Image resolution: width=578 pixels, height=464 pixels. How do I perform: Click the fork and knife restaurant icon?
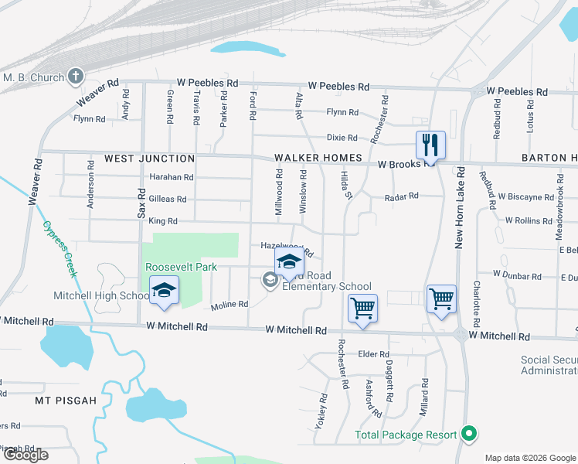[x=430, y=145]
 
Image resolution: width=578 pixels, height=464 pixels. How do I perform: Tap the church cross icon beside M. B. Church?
[x=75, y=76]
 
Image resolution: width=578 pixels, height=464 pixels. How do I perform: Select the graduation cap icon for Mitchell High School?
[x=164, y=291]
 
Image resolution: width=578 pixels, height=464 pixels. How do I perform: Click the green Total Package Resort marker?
[x=467, y=434]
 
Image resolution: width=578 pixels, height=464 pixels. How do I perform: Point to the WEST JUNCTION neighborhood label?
[x=149, y=159]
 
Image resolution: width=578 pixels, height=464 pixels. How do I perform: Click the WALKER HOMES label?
[x=318, y=159]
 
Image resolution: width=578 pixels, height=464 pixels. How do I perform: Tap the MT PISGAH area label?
[x=66, y=401]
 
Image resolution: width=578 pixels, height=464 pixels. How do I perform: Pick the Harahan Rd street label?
[x=171, y=177]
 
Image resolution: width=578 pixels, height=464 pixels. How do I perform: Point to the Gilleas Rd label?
[x=168, y=199]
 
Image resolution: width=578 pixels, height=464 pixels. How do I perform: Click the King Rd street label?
[x=162, y=221]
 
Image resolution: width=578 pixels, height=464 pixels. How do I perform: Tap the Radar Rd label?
[x=402, y=196]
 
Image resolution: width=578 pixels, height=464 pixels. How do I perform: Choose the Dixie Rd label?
[x=342, y=138]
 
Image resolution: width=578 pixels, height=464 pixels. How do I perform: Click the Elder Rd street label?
[x=373, y=354]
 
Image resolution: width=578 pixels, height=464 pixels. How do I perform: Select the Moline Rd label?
[x=229, y=305]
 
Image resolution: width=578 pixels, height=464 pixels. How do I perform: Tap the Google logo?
[x=26, y=454]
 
